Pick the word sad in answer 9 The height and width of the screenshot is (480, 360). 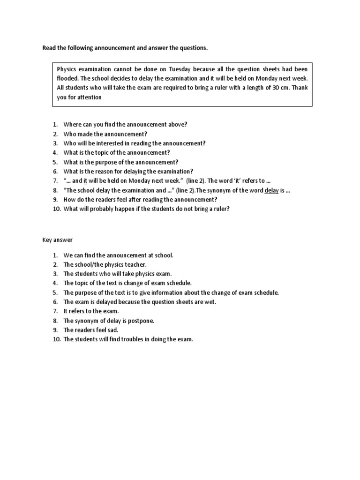coord(112,330)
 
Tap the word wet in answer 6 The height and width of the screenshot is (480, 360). coord(211,302)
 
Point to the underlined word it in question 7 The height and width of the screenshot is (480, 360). coord(86,181)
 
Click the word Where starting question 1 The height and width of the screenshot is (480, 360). coord(73,124)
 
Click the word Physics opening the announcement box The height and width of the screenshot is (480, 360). coord(67,69)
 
